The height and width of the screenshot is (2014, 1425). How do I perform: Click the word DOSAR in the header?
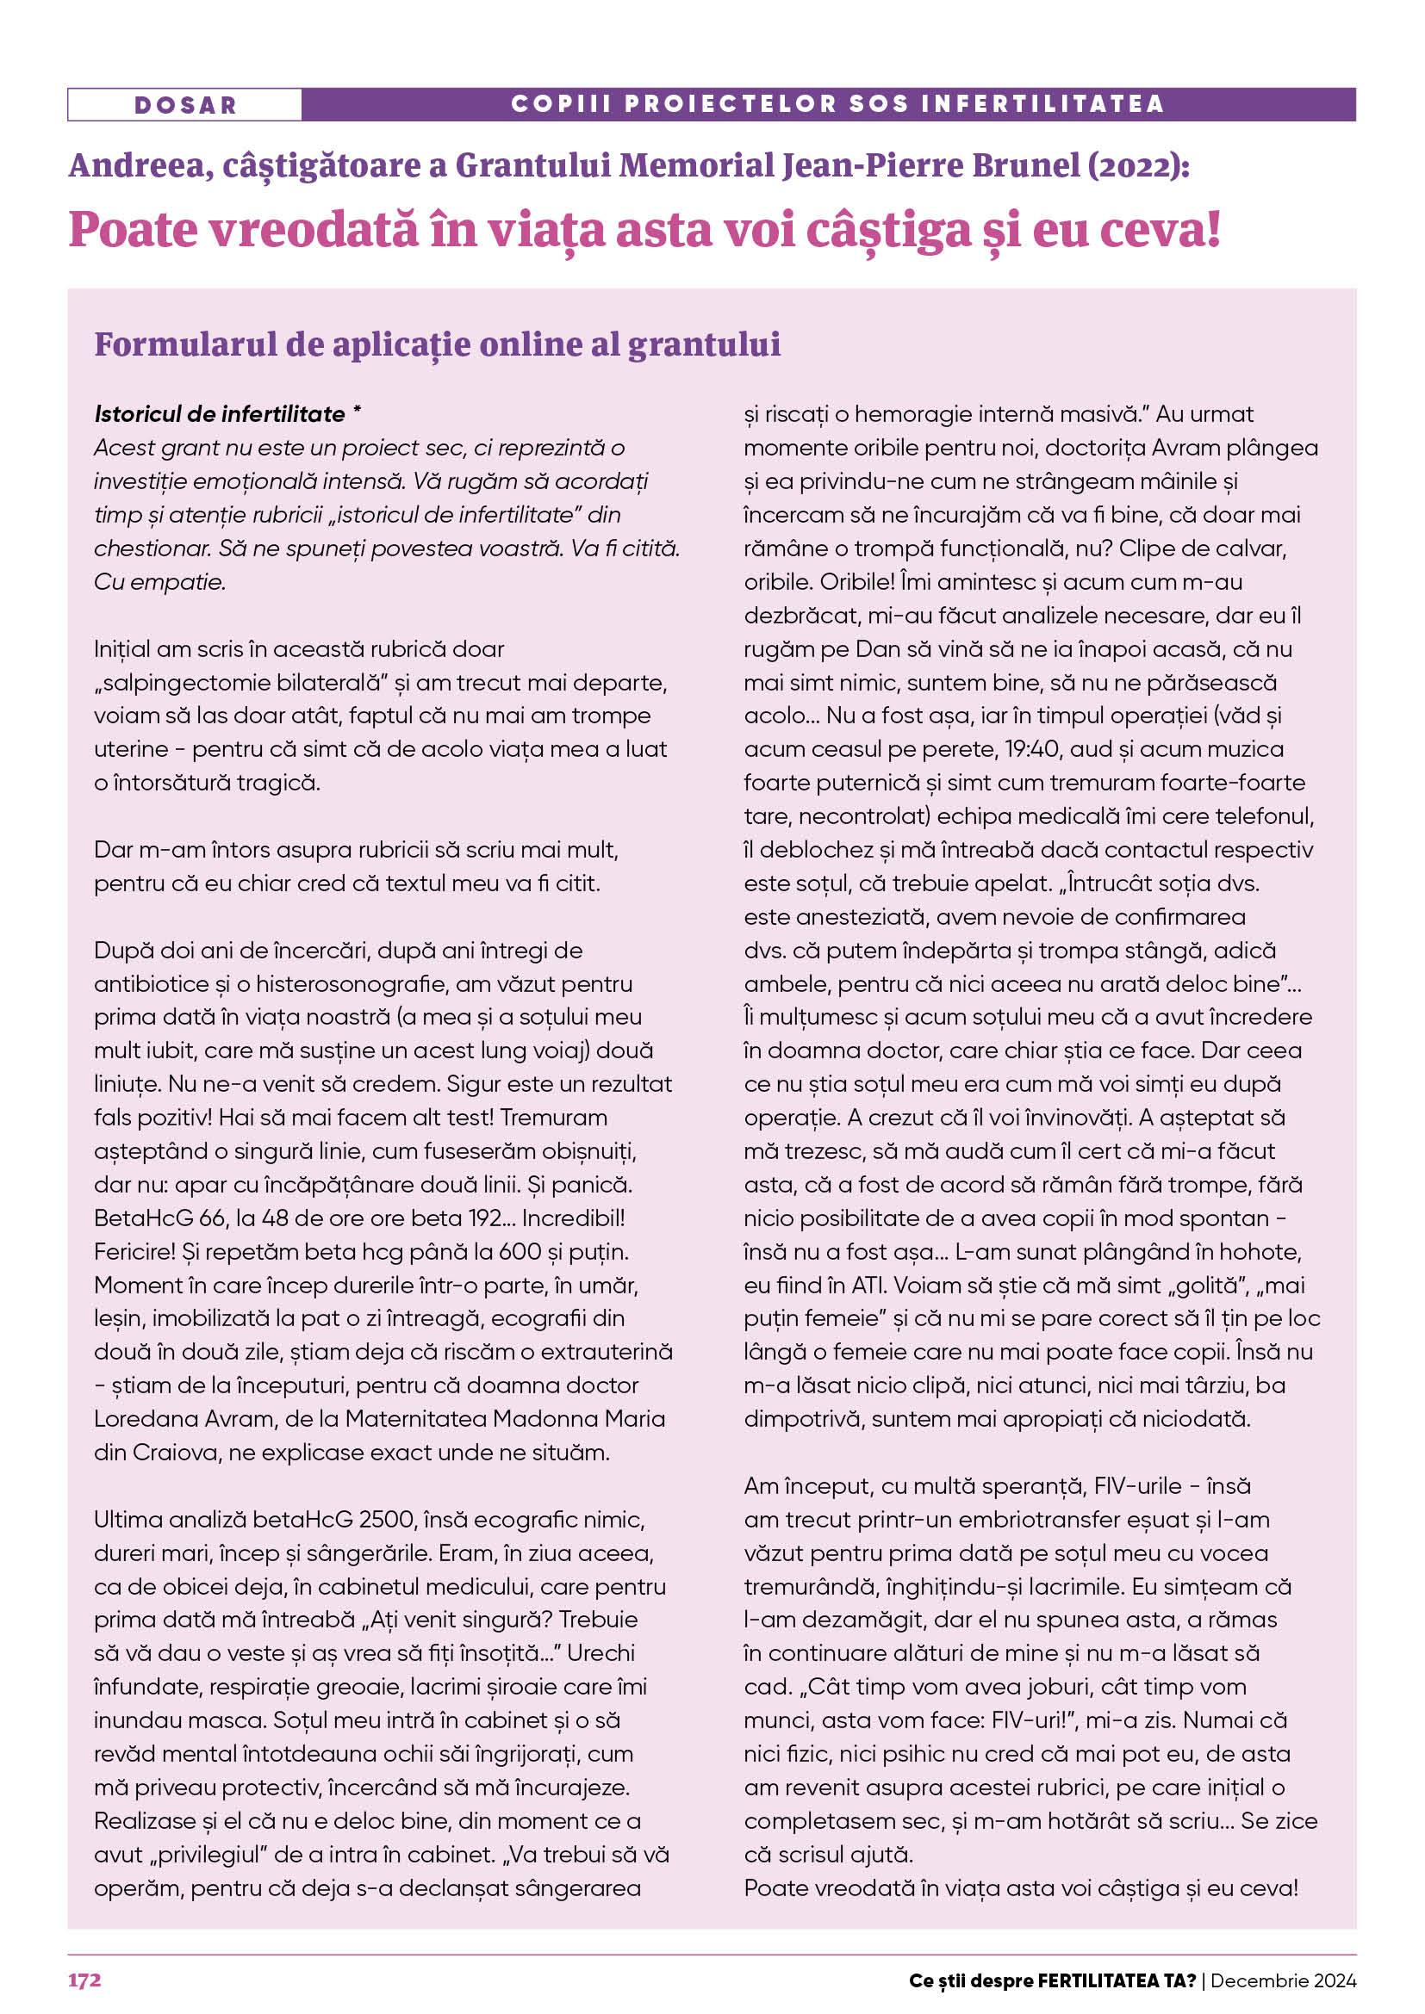click(x=185, y=105)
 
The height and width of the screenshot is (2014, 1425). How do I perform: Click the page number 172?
click(x=84, y=1980)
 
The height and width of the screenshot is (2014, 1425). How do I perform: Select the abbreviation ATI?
click(x=869, y=1285)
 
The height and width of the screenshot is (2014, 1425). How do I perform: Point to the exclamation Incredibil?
click(x=573, y=1218)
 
